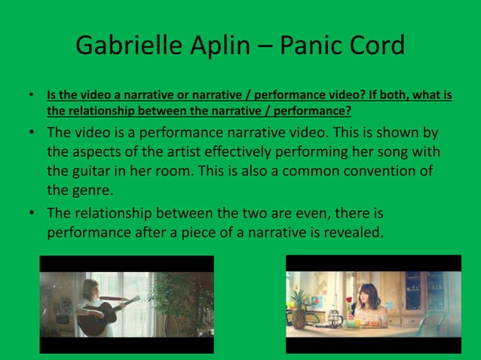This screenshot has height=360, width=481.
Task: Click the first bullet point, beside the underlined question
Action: click(x=31, y=97)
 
